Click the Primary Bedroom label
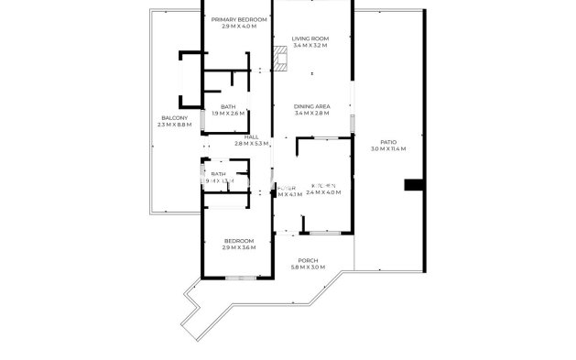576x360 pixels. [239, 19]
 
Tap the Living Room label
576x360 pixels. [310, 38]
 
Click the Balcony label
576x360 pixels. [175, 117]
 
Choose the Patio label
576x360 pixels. [388, 142]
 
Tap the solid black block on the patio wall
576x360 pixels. [414, 186]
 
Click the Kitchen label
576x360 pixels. [323, 186]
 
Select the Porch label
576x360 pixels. [309, 260]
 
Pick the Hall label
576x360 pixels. [251, 136]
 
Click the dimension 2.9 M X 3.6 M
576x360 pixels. [239, 247]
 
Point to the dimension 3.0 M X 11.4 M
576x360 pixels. [388, 149]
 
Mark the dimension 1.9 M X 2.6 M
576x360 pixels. [228, 114]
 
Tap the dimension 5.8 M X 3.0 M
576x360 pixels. [309, 267]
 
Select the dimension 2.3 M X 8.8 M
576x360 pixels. [175, 125]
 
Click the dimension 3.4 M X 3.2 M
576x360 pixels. [310, 45]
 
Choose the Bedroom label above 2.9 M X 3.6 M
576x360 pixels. [239, 241]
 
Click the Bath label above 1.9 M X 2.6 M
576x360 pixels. [228, 106]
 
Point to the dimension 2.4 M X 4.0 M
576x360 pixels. [323, 193]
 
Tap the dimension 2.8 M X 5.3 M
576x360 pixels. [251, 144]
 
